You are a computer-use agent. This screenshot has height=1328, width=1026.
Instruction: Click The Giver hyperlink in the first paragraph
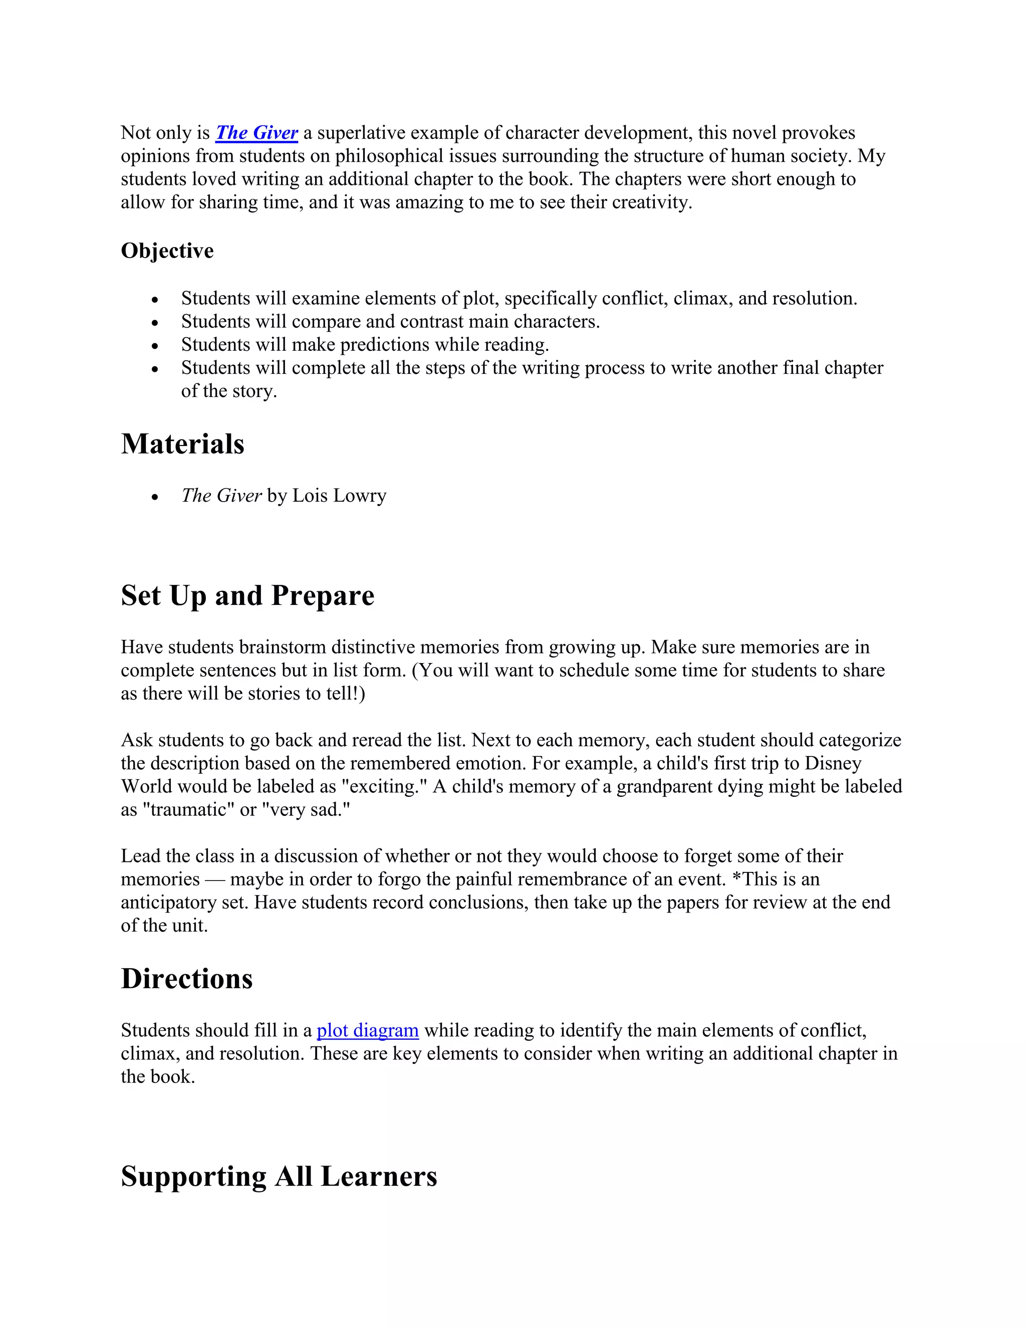pos(256,133)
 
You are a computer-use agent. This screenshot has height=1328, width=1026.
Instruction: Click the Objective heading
pos(167,251)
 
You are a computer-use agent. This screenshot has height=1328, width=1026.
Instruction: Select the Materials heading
pos(182,444)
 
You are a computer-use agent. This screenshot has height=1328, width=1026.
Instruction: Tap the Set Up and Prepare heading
pos(247,595)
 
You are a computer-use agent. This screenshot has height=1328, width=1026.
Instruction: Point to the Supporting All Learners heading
pos(279,1176)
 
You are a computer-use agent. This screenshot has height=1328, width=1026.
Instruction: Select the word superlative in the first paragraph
pos(362,133)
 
